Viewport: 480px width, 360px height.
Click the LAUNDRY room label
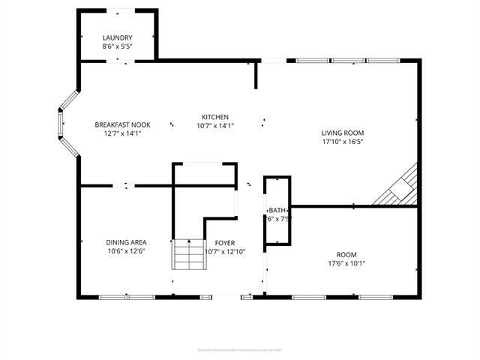(x=118, y=38)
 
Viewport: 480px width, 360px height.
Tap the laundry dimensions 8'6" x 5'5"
(x=118, y=46)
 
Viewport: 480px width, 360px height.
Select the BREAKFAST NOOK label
(x=123, y=124)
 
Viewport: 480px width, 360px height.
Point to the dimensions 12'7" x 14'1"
(x=123, y=133)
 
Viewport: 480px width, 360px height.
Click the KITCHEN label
(x=214, y=117)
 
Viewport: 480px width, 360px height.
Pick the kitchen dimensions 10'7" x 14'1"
(x=214, y=126)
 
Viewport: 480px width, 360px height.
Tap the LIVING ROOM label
(x=343, y=132)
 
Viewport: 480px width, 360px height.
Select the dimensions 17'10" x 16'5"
(x=343, y=141)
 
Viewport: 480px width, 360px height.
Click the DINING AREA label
(x=126, y=242)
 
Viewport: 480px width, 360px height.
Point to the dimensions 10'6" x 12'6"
(x=126, y=251)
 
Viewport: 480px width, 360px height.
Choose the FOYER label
(x=225, y=242)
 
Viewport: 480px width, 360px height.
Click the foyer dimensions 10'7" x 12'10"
(x=225, y=251)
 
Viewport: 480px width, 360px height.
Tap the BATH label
(x=277, y=210)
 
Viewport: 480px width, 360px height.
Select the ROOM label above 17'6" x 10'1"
(x=346, y=253)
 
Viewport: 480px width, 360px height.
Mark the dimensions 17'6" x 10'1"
(x=346, y=262)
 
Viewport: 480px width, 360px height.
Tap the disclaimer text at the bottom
(x=240, y=349)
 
